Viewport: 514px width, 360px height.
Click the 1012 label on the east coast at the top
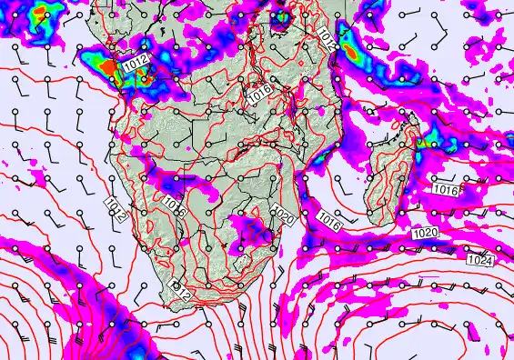tap(328, 36)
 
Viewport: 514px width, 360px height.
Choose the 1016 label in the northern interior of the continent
tap(259, 93)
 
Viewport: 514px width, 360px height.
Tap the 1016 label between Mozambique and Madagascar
tap(330, 218)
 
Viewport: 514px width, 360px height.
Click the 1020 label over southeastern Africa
tap(282, 216)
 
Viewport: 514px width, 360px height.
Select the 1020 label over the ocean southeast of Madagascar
tap(425, 234)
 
